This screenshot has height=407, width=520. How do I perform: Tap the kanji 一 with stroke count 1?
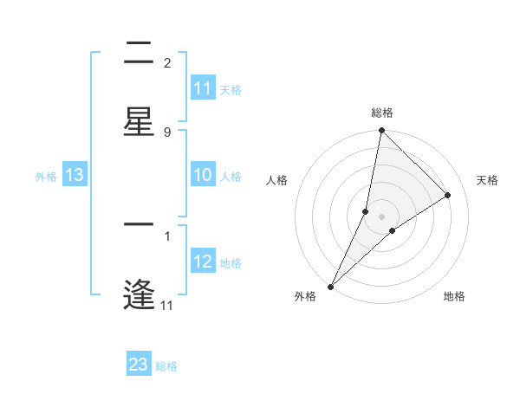(x=139, y=224)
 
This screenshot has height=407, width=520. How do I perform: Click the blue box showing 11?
(x=203, y=88)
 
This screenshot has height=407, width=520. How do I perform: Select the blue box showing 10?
(x=203, y=176)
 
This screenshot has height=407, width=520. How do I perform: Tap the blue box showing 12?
(x=203, y=262)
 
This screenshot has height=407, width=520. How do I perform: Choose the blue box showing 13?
(x=75, y=176)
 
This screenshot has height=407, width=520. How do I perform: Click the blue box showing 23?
(x=139, y=365)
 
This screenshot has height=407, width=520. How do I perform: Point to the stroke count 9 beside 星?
(x=167, y=132)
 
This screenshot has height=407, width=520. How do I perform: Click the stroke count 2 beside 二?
(x=167, y=62)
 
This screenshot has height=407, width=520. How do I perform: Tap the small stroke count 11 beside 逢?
(x=167, y=305)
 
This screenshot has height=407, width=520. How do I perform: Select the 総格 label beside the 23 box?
(x=167, y=366)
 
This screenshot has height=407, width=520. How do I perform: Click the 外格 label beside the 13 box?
(x=46, y=177)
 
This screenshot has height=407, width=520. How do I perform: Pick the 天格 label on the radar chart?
(x=487, y=180)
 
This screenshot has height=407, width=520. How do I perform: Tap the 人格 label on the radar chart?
(x=276, y=180)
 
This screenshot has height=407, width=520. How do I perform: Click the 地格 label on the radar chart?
(x=454, y=297)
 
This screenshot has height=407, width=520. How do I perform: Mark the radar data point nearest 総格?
(x=381, y=131)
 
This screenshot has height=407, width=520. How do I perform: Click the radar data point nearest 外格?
(x=330, y=286)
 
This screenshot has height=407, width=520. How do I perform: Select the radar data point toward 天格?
(x=448, y=196)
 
